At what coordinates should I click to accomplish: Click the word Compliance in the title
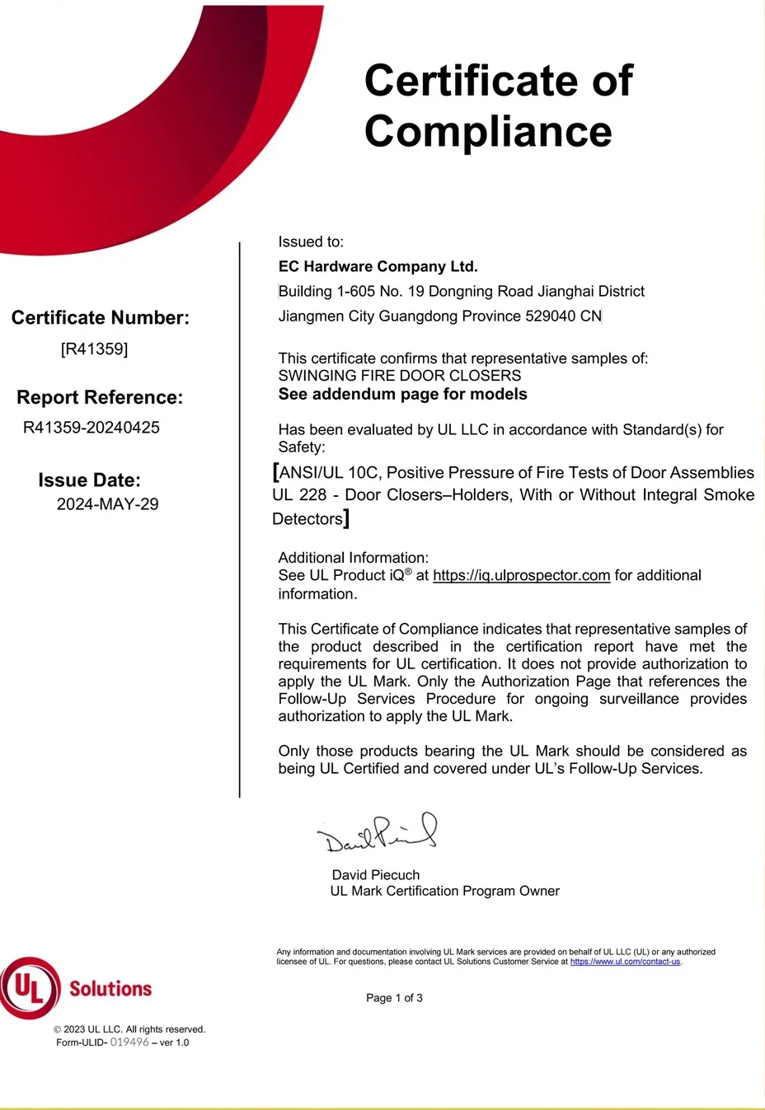tap(488, 132)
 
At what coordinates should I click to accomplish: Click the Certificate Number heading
tap(100, 318)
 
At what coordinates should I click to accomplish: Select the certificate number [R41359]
tap(94, 349)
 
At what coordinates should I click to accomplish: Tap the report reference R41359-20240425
tap(92, 428)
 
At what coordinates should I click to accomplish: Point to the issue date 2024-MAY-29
tap(107, 504)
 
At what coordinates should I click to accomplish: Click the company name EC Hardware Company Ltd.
tap(378, 267)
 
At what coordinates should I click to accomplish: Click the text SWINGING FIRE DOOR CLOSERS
tap(399, 376)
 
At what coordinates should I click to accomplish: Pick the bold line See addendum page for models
tap(402, 394)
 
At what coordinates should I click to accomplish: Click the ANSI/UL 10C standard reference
tap(328, 473)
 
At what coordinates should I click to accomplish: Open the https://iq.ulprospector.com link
tap(521, 576)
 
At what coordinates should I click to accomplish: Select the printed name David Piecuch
tap(375, 875)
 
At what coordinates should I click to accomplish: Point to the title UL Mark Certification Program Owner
tap(444, 892)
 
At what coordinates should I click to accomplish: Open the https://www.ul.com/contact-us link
tap(625, 962)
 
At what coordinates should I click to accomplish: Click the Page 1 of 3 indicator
tap(394, 998)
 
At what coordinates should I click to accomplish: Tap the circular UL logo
tap(30, 987)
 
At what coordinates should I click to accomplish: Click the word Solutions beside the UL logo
tap(110, 989)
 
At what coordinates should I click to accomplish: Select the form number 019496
tap(129, 1042)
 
